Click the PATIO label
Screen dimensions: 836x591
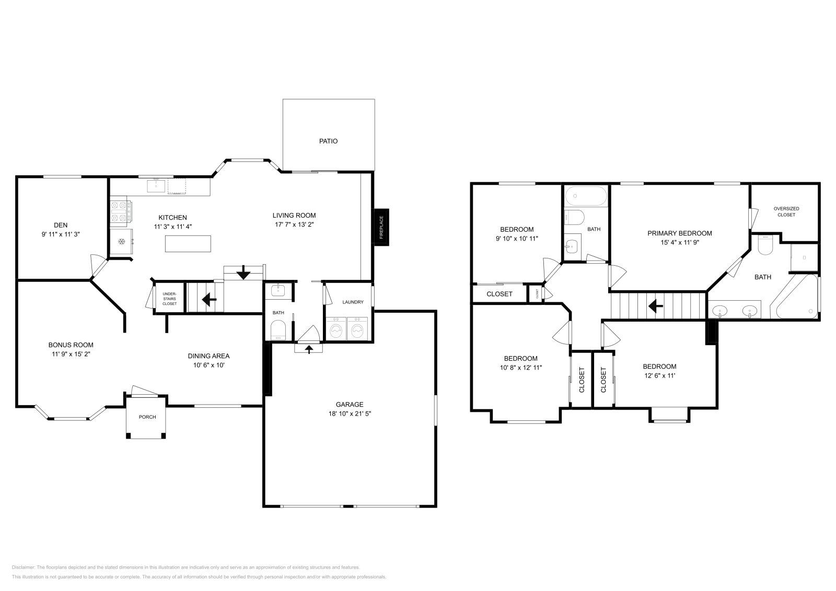click(x=328, y=141)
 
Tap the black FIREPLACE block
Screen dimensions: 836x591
click(x=381, y=227)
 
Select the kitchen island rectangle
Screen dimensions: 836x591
click(x=188, y=243)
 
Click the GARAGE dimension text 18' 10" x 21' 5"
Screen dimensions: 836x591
click(x=350, y=413)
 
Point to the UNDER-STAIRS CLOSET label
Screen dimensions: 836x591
click(x=169, y=299)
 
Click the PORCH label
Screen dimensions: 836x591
click(x=147, y=417)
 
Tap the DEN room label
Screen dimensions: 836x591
click(x=61, y=225)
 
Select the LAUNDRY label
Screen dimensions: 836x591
click(x=353, y=302)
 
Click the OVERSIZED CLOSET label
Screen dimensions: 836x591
click(x=786, y=211)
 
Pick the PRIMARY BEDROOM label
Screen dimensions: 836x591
click(x=680, y=233)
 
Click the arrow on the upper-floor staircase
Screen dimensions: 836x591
click(x=655, y=306)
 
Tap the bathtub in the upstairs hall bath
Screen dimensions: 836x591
click(x=586, y=196)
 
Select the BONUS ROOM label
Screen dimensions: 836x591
click(x=71, y=345)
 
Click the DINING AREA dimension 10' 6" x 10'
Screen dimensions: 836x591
click(x=208, y=365)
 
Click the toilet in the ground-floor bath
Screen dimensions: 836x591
click(x=278, y=330)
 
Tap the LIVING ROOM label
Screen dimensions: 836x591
click(x=294, y=215)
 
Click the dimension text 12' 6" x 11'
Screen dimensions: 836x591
click(x=659, y=375)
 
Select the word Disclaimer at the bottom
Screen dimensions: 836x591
click(x=23, y=567)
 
